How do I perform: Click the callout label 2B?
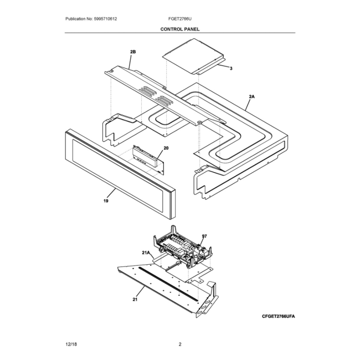point(133,52)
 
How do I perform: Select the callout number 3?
point(231,69)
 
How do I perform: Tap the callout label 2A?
point(252,97)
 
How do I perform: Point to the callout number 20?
point(166,148)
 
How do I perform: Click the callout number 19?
point(106,201)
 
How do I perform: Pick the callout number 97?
point(204,236)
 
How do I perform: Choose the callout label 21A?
point(146,253)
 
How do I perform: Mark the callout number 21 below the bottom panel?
point(135,300)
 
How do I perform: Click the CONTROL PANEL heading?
point(180,29)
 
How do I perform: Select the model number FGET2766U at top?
point(180,19)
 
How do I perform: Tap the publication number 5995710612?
point(105,19)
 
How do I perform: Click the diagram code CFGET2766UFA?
point(279,316)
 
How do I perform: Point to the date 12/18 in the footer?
point(71,344)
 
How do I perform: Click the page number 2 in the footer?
point(180,344)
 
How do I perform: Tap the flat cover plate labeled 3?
point(193,56)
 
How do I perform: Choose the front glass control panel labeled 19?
point(120,174)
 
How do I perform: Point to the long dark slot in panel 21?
point(168,284)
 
